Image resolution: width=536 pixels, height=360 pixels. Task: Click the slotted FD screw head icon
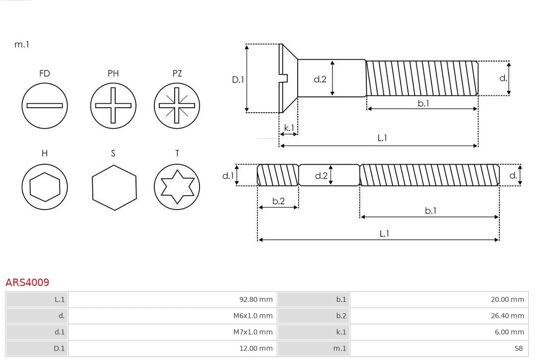[45, 105]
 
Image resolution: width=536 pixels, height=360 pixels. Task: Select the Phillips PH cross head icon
[113, 105]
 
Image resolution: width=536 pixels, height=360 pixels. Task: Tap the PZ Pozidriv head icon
[177, 105]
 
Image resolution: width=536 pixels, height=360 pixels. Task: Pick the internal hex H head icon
[45, 187]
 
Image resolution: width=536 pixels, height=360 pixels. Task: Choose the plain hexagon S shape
[114, 187]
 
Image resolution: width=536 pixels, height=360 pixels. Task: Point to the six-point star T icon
[177, 187]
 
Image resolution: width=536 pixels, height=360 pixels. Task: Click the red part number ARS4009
[27, 283]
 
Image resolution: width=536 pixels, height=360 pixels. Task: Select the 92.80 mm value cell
[172, 299]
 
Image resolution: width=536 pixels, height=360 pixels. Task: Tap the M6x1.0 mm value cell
[172, 316]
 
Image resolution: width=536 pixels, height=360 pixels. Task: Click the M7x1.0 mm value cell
[172, 332]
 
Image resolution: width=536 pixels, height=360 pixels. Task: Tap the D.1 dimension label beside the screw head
[238, 79]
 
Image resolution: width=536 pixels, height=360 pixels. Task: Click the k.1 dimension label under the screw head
[288, 128]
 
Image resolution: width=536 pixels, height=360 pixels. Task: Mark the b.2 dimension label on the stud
[278, 201]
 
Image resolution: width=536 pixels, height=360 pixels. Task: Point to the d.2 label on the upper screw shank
[320, 79]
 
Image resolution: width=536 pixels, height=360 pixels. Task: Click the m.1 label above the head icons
[22, 44]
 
